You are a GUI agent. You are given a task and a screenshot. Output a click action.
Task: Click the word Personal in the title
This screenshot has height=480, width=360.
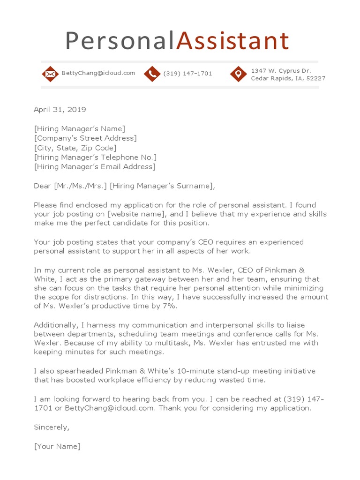tap(120, 41)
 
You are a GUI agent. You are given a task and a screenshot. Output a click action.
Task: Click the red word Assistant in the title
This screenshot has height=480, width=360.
tap(232, 41)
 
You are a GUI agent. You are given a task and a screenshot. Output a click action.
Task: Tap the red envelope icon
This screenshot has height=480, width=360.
tap(50, 74)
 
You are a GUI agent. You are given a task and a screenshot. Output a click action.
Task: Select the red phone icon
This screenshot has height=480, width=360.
tap(152, 74)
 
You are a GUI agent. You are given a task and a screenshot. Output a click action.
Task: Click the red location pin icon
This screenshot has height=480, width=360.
tap(238, 74)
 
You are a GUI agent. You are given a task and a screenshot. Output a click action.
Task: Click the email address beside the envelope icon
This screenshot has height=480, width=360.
tap(98, 73)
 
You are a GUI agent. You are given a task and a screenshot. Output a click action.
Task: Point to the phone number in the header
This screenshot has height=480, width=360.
tap(187, 74)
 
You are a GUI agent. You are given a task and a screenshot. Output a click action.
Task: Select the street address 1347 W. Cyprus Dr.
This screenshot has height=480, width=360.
tap(281, 70)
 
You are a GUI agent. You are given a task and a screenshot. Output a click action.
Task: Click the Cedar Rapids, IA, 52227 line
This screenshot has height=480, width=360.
tap(288, 78)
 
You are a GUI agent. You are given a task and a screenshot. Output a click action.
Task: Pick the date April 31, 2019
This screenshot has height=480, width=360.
tap(60, 110)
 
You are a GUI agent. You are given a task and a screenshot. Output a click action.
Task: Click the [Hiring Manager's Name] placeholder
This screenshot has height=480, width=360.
tap(80, 129)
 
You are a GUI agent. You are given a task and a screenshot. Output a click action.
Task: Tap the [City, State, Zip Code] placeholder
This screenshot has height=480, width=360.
tap(75, 148)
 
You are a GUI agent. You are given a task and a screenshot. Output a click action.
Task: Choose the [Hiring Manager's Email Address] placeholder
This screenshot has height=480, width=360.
tap(95, 166)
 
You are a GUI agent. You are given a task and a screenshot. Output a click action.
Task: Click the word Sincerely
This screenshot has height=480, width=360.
tap(52, 427)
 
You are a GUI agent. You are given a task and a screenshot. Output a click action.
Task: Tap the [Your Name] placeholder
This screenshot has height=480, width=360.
tap(57, 446)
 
